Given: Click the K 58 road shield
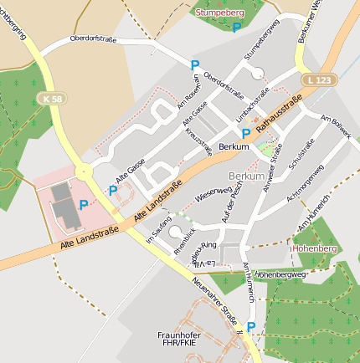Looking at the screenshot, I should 51,99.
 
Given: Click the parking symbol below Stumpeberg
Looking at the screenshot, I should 236,28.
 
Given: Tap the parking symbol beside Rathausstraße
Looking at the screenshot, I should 245,133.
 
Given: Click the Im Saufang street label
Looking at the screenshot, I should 159,228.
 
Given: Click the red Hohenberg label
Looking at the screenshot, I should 313,248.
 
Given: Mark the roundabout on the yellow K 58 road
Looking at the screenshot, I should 84,171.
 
